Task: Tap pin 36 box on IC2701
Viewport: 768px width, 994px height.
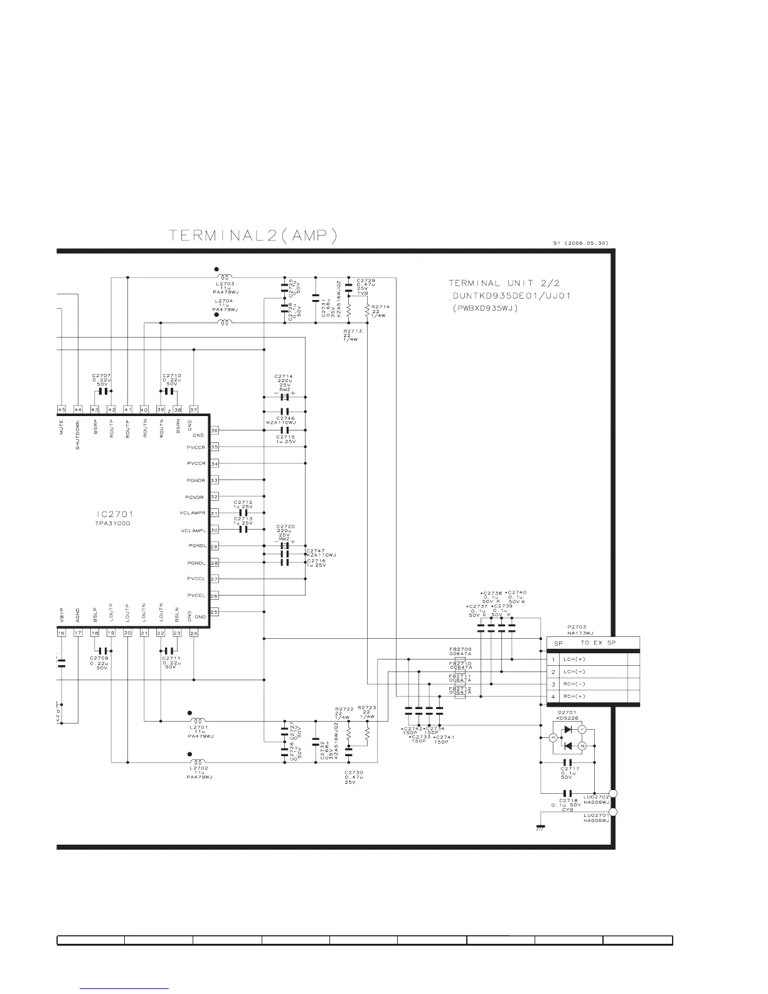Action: point(215,430)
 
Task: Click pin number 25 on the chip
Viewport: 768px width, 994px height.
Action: point(215,612)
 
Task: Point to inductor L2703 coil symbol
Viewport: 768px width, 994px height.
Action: point(224,277)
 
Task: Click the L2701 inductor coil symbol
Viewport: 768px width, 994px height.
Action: point(198,720)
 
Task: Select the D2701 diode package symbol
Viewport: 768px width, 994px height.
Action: point(567,738)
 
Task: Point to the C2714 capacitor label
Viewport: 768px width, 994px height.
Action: point(284,377)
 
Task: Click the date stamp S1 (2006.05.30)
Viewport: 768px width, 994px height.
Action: point(580,243)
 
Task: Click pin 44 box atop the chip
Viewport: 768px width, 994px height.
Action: point(78,410)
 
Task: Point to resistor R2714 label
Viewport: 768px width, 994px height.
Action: point(380,306)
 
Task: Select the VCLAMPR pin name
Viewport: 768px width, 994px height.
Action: point(193,513)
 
